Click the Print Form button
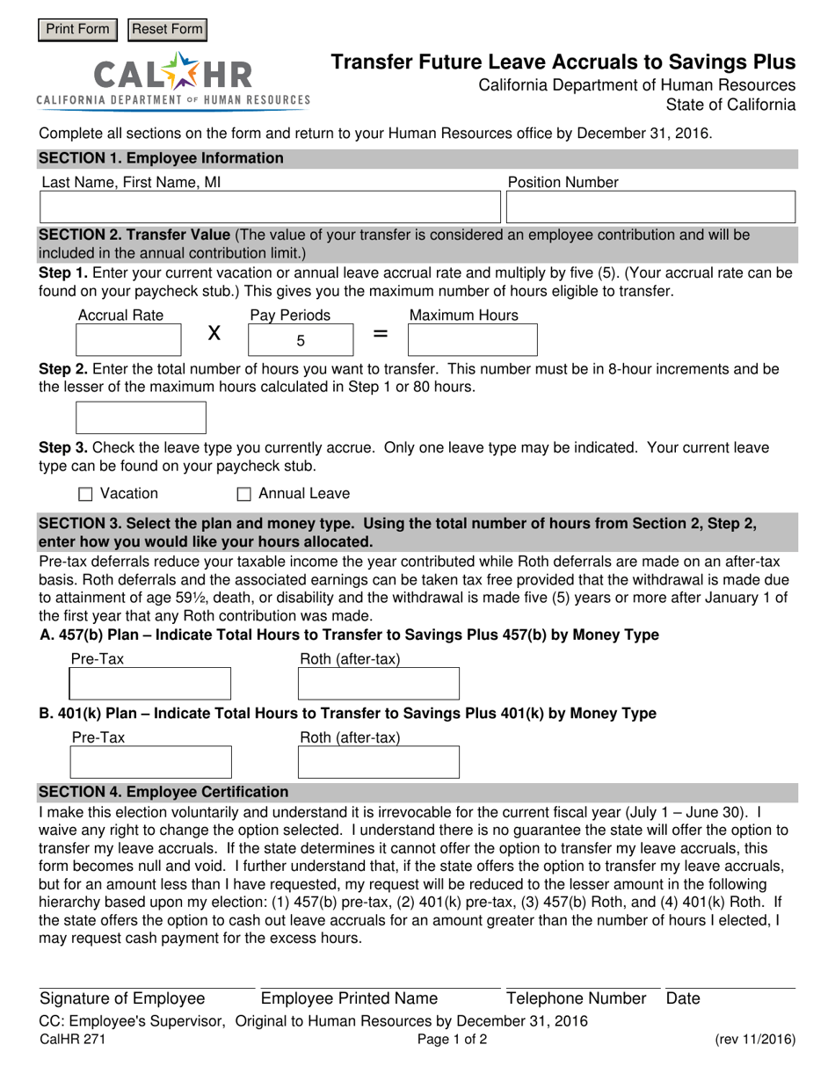(77, 29)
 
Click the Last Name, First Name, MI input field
(270, 207)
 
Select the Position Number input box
(651, 207)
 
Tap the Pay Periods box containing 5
(301, 341)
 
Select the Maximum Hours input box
(473, 340)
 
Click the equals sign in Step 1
(381, 334)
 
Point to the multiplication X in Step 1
(213, 334)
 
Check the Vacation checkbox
(85, 495)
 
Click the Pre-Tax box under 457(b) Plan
(150, 684)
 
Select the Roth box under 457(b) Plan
(379, 684)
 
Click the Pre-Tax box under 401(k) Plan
(150, 762)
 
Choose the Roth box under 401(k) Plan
(379, 762)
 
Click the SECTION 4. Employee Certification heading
(163, 792)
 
